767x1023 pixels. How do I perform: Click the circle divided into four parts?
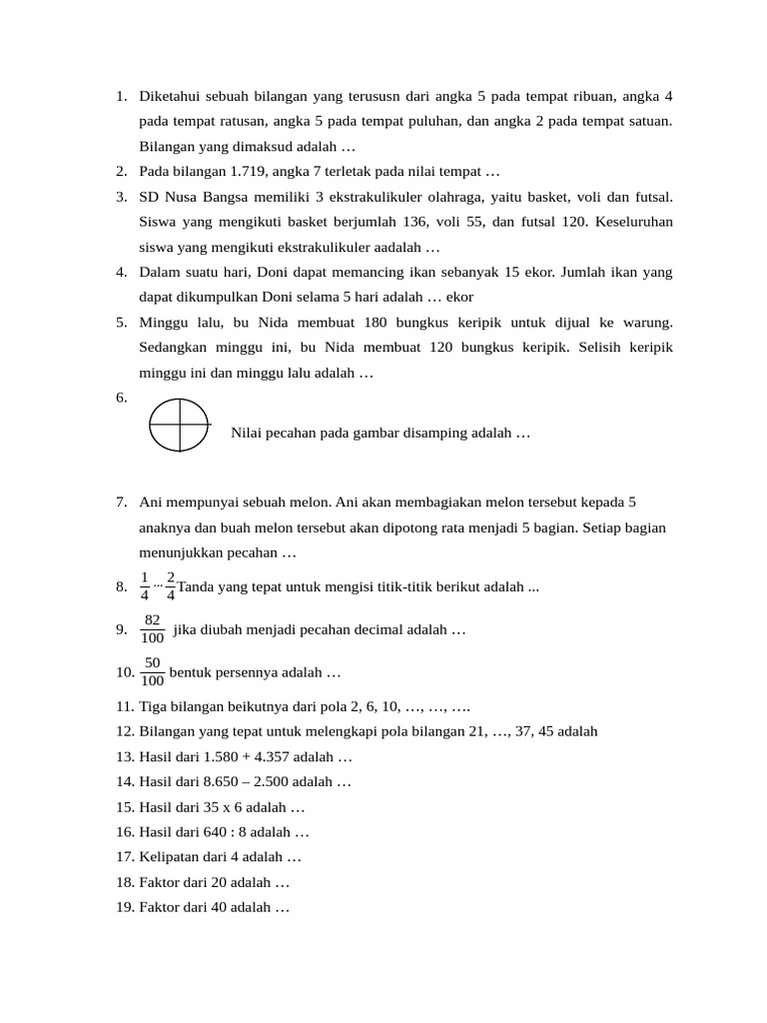(180, 425)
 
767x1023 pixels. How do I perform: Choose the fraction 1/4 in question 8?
(145, 587)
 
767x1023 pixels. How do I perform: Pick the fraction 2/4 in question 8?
(171, 587)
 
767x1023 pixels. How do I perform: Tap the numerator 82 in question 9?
(153, 620)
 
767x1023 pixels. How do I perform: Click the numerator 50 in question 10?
(153, 663)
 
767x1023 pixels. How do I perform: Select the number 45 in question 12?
(531, 731)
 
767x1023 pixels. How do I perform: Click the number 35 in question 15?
(210, 807)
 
